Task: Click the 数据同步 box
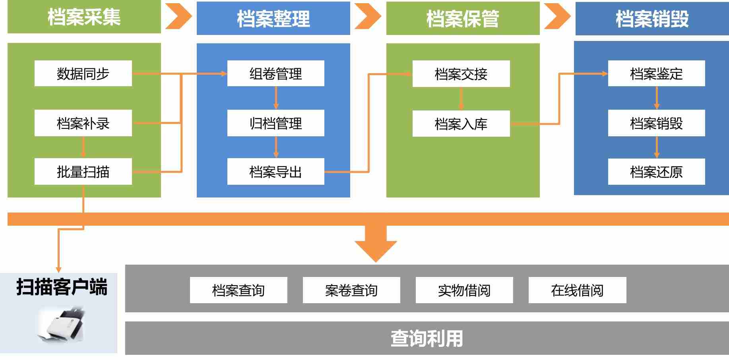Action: (x=83, y=74)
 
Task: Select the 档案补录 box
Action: (x=83, y=123)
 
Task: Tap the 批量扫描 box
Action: (x=83, y=172)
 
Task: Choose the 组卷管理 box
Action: (x=275, y=74)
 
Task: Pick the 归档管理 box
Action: (x=275, y=123)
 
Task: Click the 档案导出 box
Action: (x=275, y=172)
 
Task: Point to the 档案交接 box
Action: (x=461, y=74)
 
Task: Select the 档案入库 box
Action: (x=461, y=124)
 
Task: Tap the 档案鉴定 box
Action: (x=656, y=74)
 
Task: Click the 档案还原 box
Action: (x=656, y=172)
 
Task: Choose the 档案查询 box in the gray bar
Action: (x=238, y=290)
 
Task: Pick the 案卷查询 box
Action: (x=351, y=290)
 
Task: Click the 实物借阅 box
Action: (x=464, y=290)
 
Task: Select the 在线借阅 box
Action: (x=577, y=290)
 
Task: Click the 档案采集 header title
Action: (x=84, y=17)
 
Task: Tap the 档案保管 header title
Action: (x=463, y=19)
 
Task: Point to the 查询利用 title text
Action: (x=427, y=339)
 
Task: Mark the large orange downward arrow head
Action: (x=376, y=249)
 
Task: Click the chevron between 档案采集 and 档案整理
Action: (x=178, y=16)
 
